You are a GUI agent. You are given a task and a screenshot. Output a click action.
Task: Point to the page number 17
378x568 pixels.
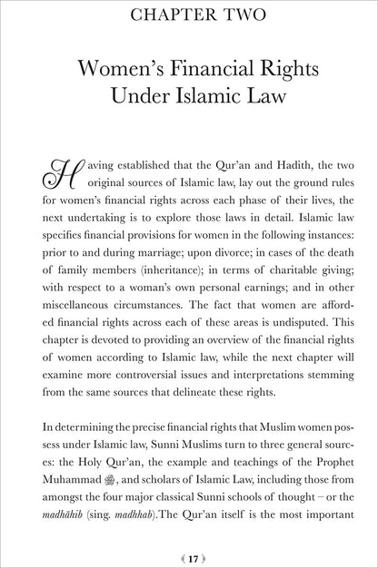coord(189,549)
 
